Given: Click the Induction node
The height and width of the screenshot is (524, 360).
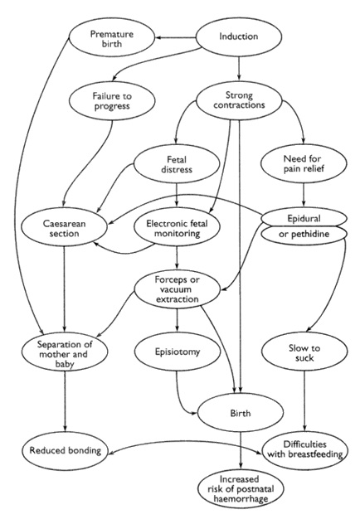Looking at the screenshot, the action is [239, 36].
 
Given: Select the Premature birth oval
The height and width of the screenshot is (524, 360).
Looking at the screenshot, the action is [112, 37].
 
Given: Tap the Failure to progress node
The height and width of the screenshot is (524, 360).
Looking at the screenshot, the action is [112, 101].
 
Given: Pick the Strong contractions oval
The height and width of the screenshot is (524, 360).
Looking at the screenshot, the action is [239, 100].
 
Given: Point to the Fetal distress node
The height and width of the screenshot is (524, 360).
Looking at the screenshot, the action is [177, 164].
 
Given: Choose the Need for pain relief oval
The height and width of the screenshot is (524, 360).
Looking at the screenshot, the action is [304, 163].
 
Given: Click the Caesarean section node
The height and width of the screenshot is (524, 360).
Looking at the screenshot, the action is [64, 228].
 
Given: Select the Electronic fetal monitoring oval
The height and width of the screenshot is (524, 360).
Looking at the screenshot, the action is [177, 228].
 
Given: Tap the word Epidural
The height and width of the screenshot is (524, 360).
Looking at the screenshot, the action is [304, 219].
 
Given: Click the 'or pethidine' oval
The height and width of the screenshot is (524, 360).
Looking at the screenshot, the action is [304, 234].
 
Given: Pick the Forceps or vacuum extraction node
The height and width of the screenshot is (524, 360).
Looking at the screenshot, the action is [178, 289].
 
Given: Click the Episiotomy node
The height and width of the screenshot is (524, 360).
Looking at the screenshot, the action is [178, 352].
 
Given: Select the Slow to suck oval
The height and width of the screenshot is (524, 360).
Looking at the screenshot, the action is [304, 352].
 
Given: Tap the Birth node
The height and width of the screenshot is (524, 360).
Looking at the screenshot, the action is [241, 413].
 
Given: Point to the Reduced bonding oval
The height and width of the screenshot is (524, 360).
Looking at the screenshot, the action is [66, 451].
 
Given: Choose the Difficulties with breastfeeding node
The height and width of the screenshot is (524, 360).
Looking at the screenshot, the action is [305, 449].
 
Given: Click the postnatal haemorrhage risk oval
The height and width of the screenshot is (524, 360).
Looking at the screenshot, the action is [241, 489].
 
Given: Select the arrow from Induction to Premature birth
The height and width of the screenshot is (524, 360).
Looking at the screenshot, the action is [176, 37].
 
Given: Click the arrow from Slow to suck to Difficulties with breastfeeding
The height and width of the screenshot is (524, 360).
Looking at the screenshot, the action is [304, 401].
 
